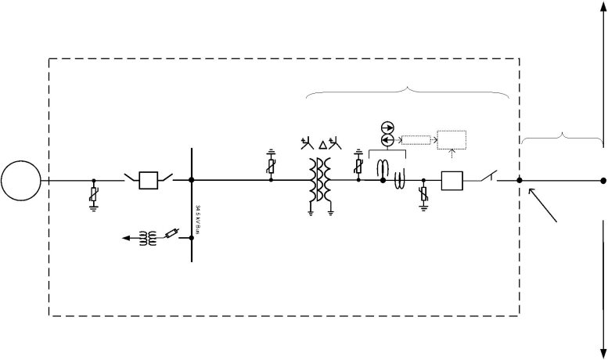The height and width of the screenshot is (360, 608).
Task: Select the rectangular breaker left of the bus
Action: click(149, 180)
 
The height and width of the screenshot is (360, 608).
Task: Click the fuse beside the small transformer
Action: click(172, 232)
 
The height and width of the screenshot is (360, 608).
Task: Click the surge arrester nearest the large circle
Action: click(94, 196)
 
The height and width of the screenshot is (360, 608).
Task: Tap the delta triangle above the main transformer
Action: click(324, 145)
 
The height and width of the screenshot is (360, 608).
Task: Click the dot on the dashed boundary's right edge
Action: click(520, 181)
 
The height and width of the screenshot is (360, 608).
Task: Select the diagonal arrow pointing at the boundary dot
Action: click(545, 205)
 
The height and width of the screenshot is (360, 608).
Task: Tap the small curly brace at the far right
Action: click(563, 138)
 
